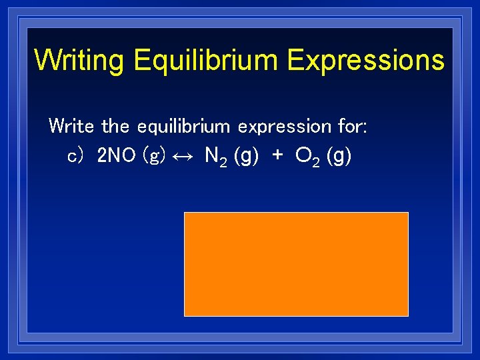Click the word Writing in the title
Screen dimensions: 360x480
tap(79, 60)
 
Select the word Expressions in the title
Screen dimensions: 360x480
tap(365, 60)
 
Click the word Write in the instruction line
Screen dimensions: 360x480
tap(73, 125)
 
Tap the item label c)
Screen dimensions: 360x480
tap(75, 157)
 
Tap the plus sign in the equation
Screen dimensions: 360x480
tap(277, 157)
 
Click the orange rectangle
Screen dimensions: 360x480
tap(296, 264)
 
